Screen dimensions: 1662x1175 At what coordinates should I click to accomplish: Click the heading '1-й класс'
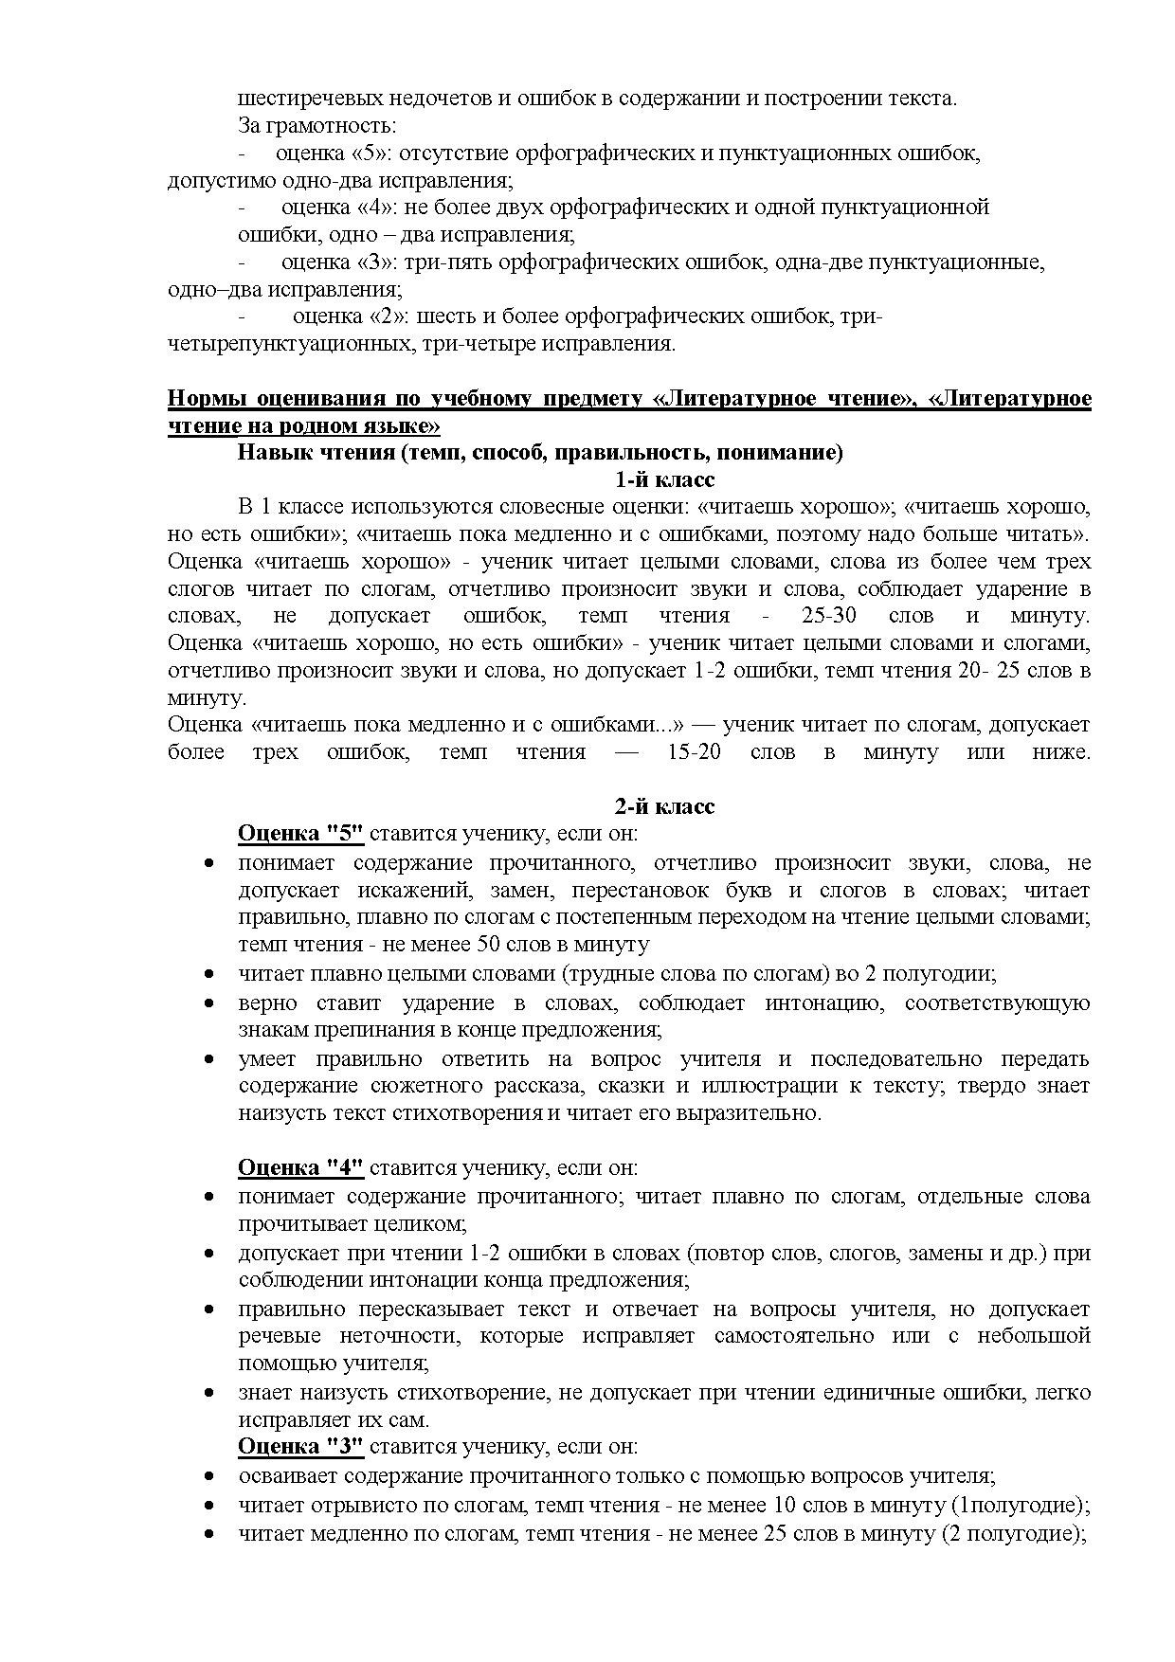coord(664,479)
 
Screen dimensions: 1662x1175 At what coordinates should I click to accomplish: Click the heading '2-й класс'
coord(664,806)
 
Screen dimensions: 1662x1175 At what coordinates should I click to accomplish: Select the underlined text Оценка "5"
coord(300,834)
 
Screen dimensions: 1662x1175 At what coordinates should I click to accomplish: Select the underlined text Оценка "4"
coord(300,1167)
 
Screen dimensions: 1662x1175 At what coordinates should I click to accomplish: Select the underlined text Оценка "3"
coord(300,1446)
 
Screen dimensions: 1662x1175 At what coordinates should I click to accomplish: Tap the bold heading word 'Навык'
coord(268,452)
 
